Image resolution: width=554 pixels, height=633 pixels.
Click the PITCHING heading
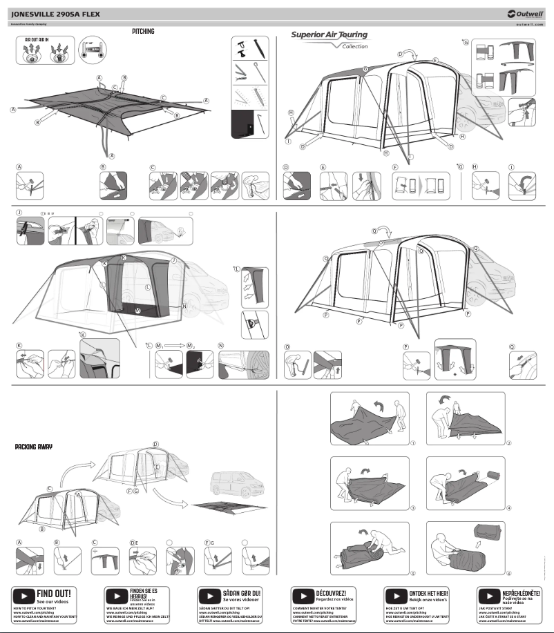[x=143, y=32]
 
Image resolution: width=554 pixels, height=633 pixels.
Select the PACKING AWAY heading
[x=33, y=447]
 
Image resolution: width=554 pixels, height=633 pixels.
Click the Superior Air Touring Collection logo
[x=330, y=39]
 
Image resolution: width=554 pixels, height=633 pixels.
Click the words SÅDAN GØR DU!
[x=241, y=593]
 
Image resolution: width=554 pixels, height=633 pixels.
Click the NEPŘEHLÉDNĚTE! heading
[x=522, y=593]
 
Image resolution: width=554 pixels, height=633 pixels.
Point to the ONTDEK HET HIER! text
[x=428, y=593]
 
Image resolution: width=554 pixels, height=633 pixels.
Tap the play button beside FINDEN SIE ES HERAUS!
[x=116, y=595]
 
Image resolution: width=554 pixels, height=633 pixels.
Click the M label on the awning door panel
[x=139, y=311]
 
